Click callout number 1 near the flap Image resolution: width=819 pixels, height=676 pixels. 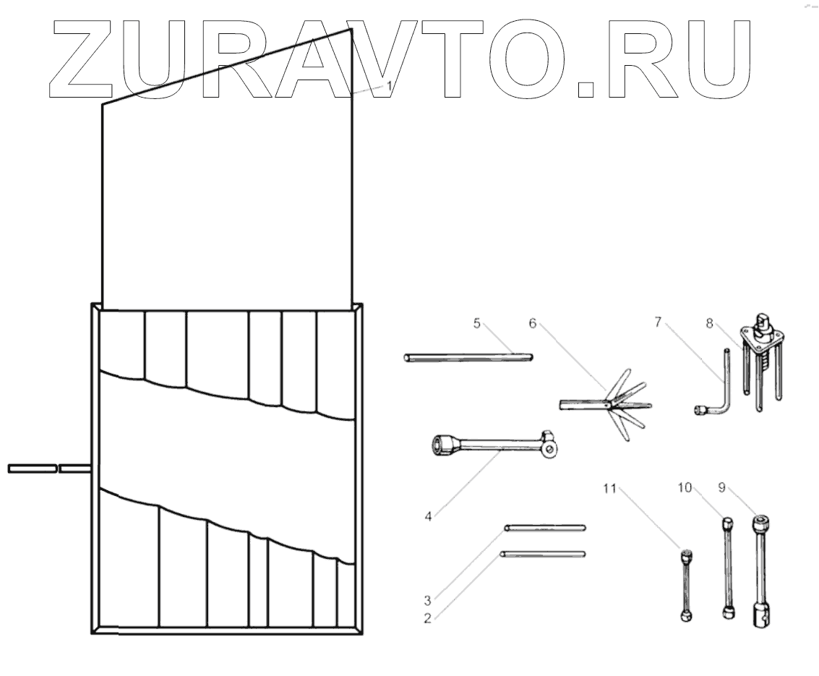point(389,85)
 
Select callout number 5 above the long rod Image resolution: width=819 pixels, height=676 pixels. point(477,323)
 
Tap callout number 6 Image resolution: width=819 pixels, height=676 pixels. point(533,323)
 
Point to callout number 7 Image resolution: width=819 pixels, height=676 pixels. point(658,322)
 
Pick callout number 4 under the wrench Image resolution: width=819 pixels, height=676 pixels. point(429,517)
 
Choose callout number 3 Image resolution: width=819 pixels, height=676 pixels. point(427,599)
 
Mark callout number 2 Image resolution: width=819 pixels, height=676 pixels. point(427,618)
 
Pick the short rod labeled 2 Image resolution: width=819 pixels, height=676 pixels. point(541,555)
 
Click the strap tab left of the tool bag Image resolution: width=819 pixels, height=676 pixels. point(32,469)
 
